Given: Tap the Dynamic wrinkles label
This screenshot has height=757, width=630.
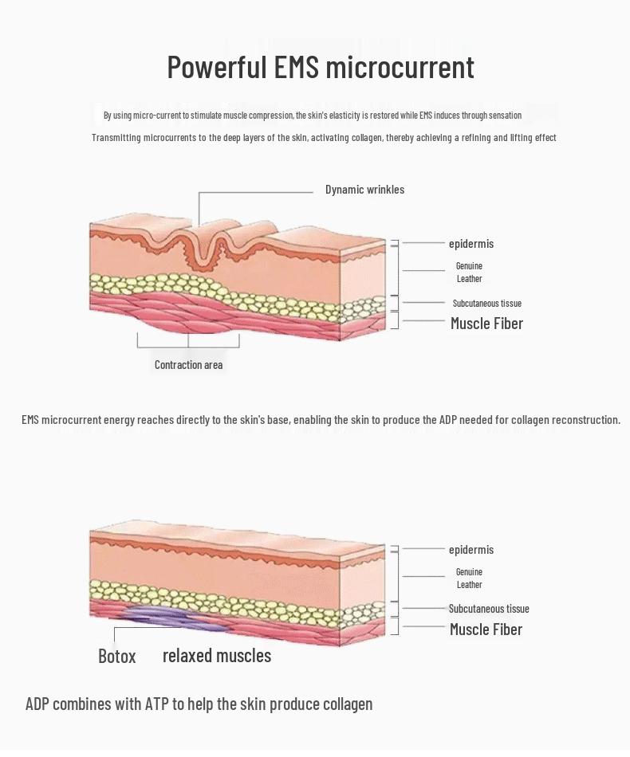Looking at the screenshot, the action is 364,190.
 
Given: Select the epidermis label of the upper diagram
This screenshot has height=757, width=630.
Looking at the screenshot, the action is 471,244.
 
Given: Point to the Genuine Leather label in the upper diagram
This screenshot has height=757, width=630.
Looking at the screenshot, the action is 469,273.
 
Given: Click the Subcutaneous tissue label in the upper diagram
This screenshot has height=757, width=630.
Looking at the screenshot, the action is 486,304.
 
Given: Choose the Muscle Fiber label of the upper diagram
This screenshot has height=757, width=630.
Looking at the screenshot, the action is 486,324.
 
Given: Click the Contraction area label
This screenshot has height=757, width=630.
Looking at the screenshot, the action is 188,365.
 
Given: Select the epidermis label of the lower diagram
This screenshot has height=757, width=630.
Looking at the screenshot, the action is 471,550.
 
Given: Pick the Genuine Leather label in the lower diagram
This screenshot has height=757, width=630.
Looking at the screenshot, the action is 469,579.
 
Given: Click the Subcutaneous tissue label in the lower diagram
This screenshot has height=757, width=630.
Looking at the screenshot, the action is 489,609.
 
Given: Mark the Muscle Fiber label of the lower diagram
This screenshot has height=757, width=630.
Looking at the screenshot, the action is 486,630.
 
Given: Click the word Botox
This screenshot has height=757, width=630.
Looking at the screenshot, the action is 116,657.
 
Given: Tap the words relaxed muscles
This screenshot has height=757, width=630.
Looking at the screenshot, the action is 217,656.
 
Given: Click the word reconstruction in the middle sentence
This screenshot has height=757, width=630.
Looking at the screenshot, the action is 575,420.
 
